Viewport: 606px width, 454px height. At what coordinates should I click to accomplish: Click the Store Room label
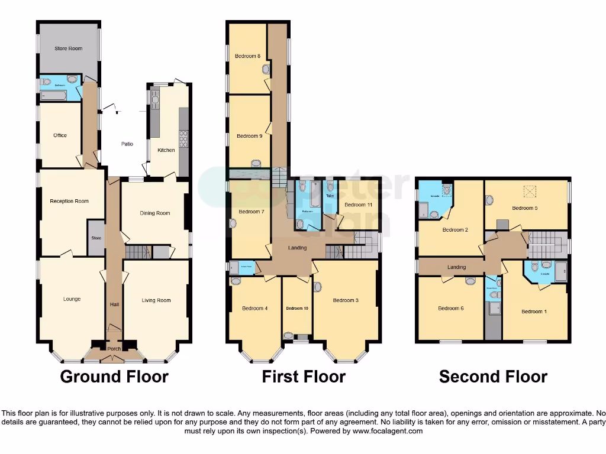click(69, 48)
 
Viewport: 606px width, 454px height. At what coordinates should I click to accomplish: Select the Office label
click(60, 135)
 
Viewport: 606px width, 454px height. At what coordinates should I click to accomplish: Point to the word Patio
click(127, 144)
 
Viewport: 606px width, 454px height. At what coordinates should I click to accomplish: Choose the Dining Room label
click(155, 213)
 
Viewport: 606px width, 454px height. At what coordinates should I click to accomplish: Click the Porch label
click(114, 349)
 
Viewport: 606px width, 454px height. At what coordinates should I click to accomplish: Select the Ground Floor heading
click(114, 377)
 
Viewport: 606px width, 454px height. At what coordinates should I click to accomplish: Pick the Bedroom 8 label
click(247, 56)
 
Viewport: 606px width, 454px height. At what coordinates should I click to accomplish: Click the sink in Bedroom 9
click(256, 164)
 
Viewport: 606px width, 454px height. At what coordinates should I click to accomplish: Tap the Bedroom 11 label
click(358, 205)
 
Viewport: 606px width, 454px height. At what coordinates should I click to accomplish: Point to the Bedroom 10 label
click(297, 308)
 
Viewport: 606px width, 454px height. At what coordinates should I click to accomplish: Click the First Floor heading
click(304, 377)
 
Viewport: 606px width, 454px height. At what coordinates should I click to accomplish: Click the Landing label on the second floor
click(456, 267)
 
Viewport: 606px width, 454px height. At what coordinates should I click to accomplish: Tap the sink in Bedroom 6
click(470, 281)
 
